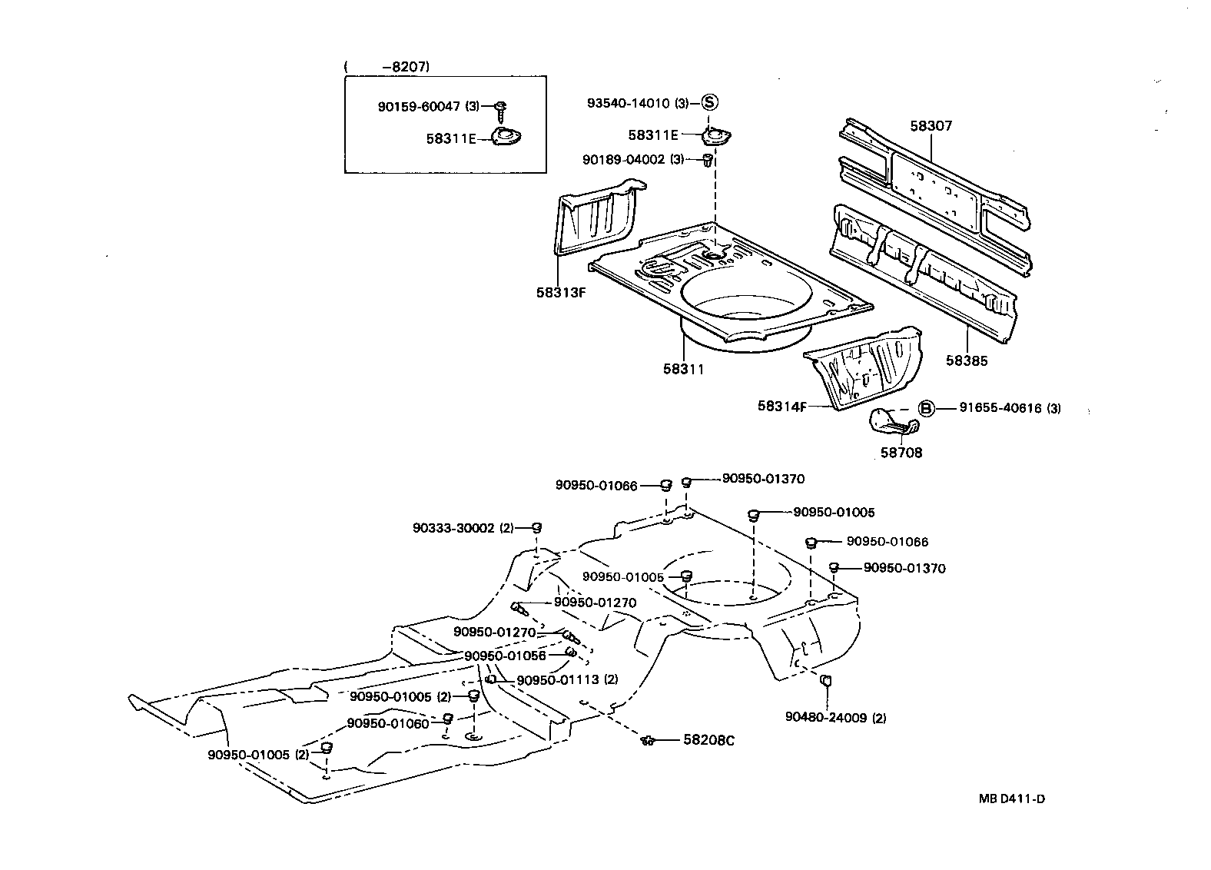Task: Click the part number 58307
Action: point(931,125)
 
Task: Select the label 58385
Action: point(967,360)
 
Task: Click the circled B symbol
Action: point(927,408)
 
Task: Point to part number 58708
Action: point(901,453)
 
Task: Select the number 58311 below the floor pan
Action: point(683,369)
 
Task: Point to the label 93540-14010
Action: point(628,103)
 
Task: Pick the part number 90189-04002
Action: point(623,159)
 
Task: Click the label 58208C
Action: point(708,740)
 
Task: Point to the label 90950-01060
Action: point(388,723)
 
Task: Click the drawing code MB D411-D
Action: point(1011,799)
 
